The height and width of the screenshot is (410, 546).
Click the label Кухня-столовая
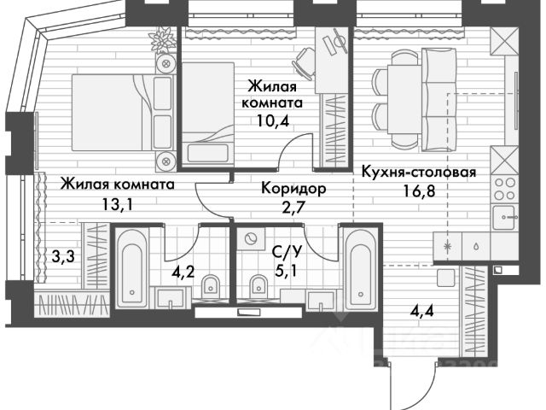point(418,171)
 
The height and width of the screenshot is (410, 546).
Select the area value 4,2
point(183,274)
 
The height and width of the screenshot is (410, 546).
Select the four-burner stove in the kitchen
point(502,189)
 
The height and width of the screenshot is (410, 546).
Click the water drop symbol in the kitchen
point(474,243)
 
